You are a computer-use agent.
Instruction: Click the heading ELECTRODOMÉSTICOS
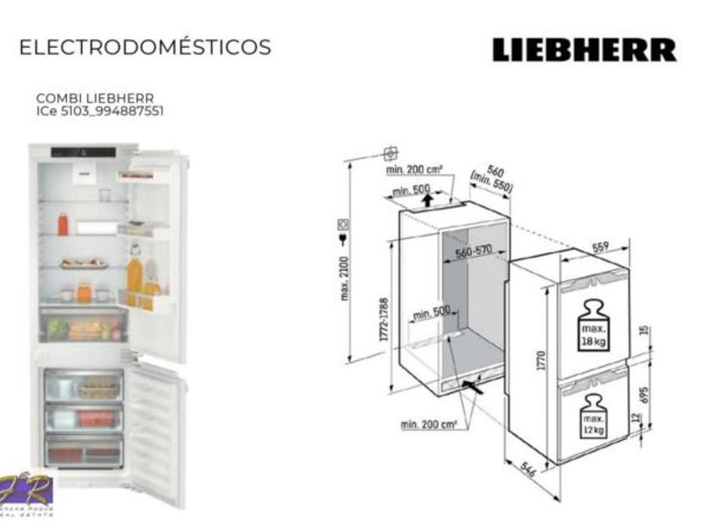coord(145,48)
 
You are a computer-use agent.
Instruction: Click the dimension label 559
coord(601,247)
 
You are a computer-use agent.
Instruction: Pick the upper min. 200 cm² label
coord(419,171)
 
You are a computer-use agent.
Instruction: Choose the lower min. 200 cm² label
coord(428,425)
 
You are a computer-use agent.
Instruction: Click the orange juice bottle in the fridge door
coord(134,274)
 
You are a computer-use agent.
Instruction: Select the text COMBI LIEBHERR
coord(94,98)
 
